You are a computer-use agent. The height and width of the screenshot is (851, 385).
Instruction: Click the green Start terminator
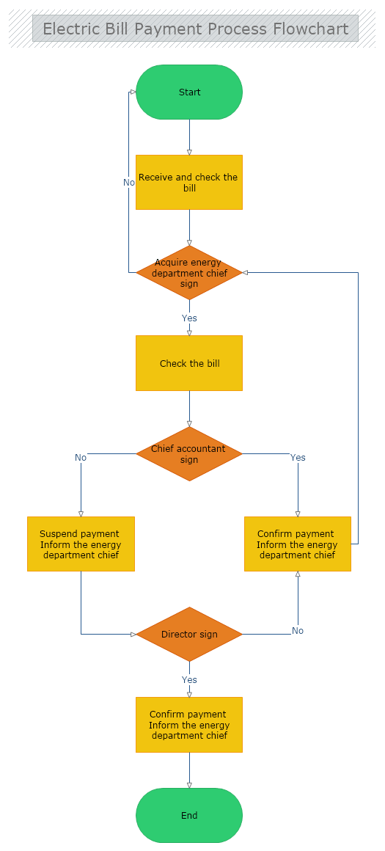coord(189,92)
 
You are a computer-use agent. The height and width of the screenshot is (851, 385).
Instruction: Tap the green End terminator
coord(189,815)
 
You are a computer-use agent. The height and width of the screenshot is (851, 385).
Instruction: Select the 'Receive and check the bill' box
coord(189,182)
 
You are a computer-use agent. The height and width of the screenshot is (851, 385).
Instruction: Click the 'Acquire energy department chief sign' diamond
coord(189,273)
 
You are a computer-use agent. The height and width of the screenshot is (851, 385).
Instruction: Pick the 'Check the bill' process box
coord(189,363)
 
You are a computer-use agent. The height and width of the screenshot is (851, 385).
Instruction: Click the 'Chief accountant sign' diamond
coord(189,454)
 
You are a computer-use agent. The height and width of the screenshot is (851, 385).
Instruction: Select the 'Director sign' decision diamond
coord(189,634)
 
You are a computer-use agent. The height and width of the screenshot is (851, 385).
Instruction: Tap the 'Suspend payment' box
coord(81,544)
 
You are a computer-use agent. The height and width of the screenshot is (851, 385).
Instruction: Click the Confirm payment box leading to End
coord(189,725)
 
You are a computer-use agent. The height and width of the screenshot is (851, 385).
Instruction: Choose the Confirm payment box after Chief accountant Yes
coord(297,544)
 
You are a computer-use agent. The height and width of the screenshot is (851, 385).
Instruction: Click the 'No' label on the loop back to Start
coord(129,182)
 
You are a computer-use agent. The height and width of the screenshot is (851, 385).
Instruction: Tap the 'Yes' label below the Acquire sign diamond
coord(189,318)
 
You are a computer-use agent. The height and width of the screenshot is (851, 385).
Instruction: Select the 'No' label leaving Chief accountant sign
coord(81,458)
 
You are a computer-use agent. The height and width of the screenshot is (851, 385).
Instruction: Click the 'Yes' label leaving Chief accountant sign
coord(298,458)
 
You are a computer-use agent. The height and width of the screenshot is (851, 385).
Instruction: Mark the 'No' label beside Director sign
coord(298,631)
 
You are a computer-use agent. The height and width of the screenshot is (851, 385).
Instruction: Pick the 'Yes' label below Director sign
coord(189,680)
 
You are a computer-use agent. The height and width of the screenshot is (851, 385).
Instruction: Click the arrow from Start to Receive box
coord(189,137)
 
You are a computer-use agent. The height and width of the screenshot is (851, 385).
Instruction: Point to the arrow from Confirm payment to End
coord(189,770)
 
